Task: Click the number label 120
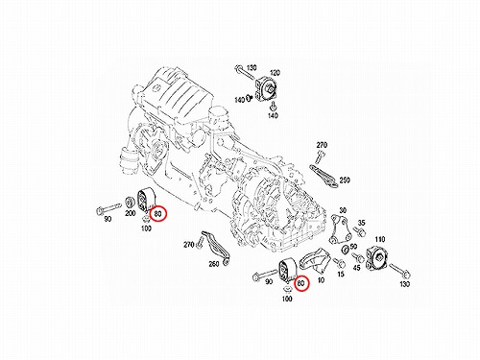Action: coord(275,73)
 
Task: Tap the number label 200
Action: coord(130,213)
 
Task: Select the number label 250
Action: coord(345,180)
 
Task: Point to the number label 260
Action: coord(214,264)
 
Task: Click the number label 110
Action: coord(380,239)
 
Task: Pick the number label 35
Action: coord(361,223)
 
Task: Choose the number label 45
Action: coord(356,268)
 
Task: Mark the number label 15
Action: coord(341,274)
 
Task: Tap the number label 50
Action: coord(353,247)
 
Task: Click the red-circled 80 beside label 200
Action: coord(158,213)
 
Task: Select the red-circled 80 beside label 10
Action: coord(301,283)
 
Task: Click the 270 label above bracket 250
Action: coord(322,145)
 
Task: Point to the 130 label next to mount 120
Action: coord(252,68)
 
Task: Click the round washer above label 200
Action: coord(130,203)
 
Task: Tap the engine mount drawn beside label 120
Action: coord(266,88)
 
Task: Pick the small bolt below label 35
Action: coord(359,231)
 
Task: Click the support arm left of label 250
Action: coord(324,176)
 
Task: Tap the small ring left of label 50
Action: coord(346,250)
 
